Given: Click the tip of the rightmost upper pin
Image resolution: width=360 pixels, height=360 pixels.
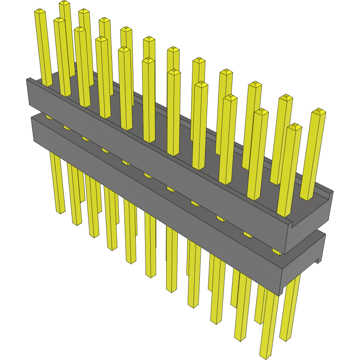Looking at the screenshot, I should tap(319, 112).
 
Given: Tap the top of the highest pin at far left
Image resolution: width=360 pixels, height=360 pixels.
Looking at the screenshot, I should tap(64, 3).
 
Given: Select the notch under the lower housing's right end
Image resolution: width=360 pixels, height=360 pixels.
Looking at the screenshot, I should tap(320, 260).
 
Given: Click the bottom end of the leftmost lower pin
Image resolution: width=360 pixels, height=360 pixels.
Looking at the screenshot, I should tap(59, 211).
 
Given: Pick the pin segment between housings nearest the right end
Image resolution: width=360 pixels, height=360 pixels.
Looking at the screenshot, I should tap(276, 251).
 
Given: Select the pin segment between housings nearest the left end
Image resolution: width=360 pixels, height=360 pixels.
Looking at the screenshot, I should tap(48, 117).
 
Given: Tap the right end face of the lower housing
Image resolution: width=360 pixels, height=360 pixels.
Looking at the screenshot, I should tap(301, 267).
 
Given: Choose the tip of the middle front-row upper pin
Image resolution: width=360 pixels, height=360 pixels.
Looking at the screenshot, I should tap(174, 72).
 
